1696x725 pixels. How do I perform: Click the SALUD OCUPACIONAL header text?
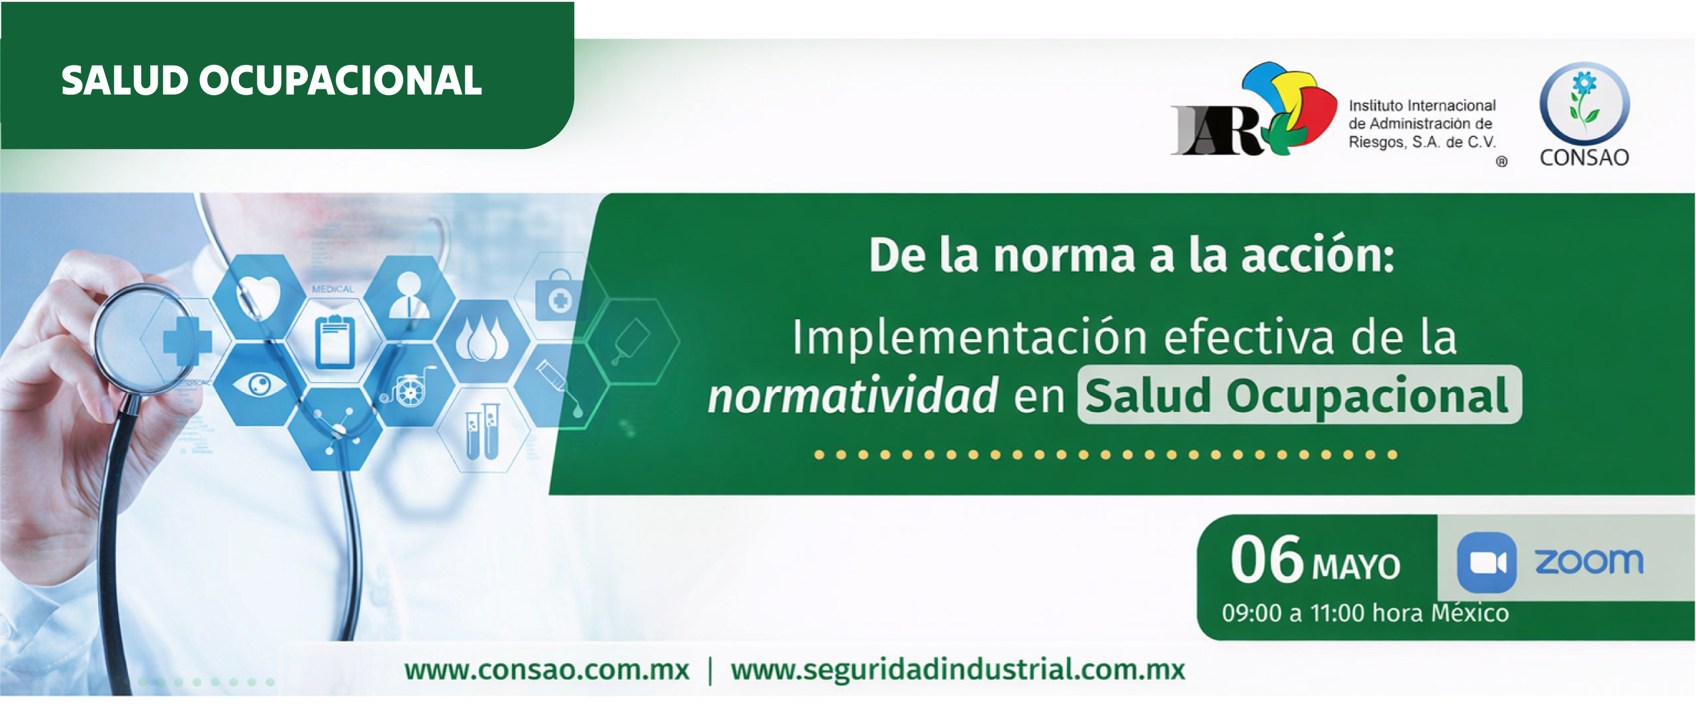272,81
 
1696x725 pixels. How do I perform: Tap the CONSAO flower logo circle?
1584,103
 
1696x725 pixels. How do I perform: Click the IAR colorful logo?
1254,109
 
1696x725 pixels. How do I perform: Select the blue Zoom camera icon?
1487,562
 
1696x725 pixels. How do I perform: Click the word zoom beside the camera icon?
1589,561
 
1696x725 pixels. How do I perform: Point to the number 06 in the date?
1267,559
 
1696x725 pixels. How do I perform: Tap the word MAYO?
1356,567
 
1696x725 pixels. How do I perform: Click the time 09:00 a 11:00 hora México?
1365,613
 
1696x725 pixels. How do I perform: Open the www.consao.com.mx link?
547,670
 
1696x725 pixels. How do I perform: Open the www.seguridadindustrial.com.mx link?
958,670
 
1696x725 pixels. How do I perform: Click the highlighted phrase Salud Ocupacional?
1299,395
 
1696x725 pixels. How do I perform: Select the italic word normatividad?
853,395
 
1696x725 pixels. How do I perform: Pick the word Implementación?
970,337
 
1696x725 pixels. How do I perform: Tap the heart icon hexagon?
259,297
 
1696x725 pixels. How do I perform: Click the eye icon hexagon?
260,384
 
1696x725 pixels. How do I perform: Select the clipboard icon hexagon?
334,342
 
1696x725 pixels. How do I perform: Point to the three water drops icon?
483,340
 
